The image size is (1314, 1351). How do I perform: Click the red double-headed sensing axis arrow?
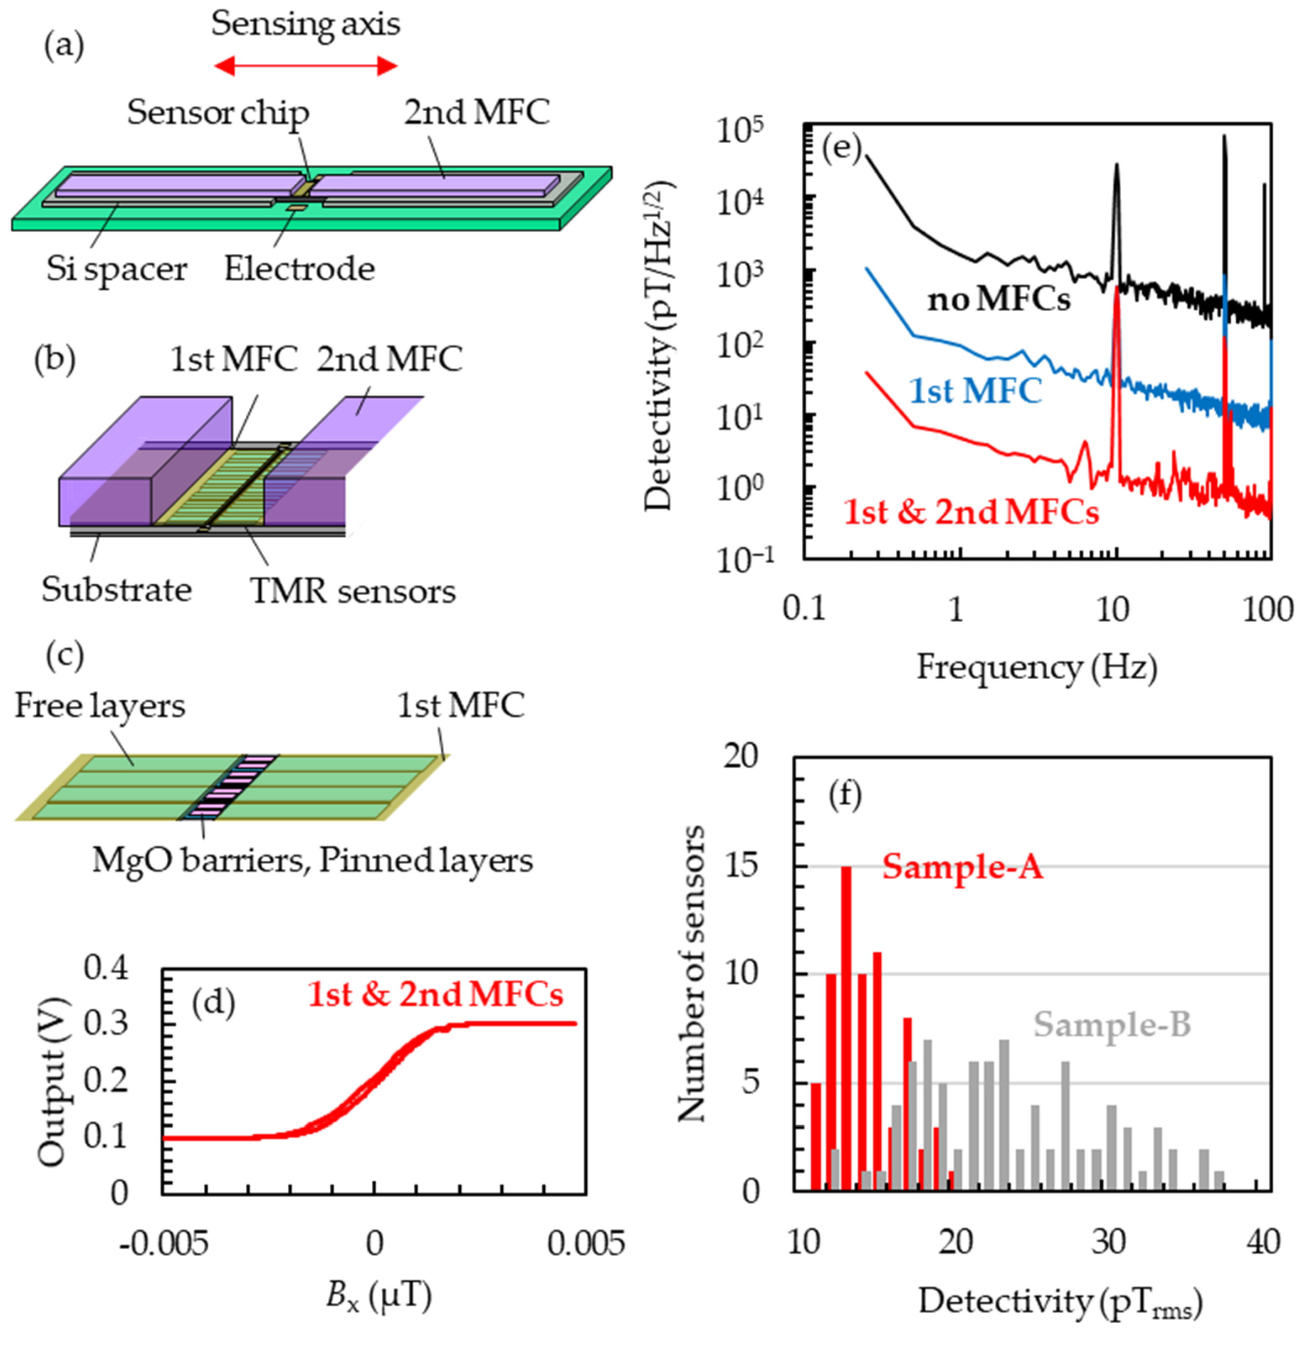coord(306,66)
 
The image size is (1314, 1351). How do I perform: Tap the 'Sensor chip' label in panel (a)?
coord(218,113)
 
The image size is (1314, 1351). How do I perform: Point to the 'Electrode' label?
coord(299,269)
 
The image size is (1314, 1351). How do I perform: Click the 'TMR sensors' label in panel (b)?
coord(353,591)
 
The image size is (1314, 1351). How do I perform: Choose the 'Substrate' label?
coord(116,590)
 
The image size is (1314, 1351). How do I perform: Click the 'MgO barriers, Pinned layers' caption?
coord(312,861)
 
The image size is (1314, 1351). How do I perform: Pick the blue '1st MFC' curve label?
coord(975,392)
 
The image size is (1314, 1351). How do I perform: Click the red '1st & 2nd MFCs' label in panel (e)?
coord(970,512)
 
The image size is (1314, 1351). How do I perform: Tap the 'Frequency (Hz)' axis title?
coord(1036,668)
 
